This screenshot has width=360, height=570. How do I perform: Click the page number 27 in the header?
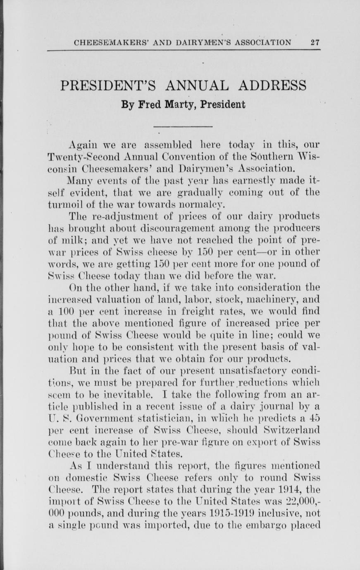coord(315,42)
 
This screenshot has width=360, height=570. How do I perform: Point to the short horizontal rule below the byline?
coord(183,126)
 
